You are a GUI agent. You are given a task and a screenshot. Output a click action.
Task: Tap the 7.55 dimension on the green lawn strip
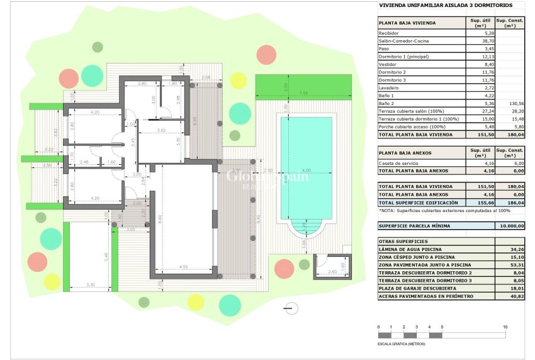pos(303,94)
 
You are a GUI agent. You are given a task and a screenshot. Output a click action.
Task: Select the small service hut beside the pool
pos(332,266)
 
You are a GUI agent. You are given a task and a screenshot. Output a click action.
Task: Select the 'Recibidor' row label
pos(389,33)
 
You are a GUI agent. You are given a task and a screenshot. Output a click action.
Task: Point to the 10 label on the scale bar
pos(505,327)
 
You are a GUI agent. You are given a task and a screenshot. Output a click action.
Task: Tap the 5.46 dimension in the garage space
pos(107,256)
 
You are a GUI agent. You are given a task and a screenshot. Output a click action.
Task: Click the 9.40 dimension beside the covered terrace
pos(259,218)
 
